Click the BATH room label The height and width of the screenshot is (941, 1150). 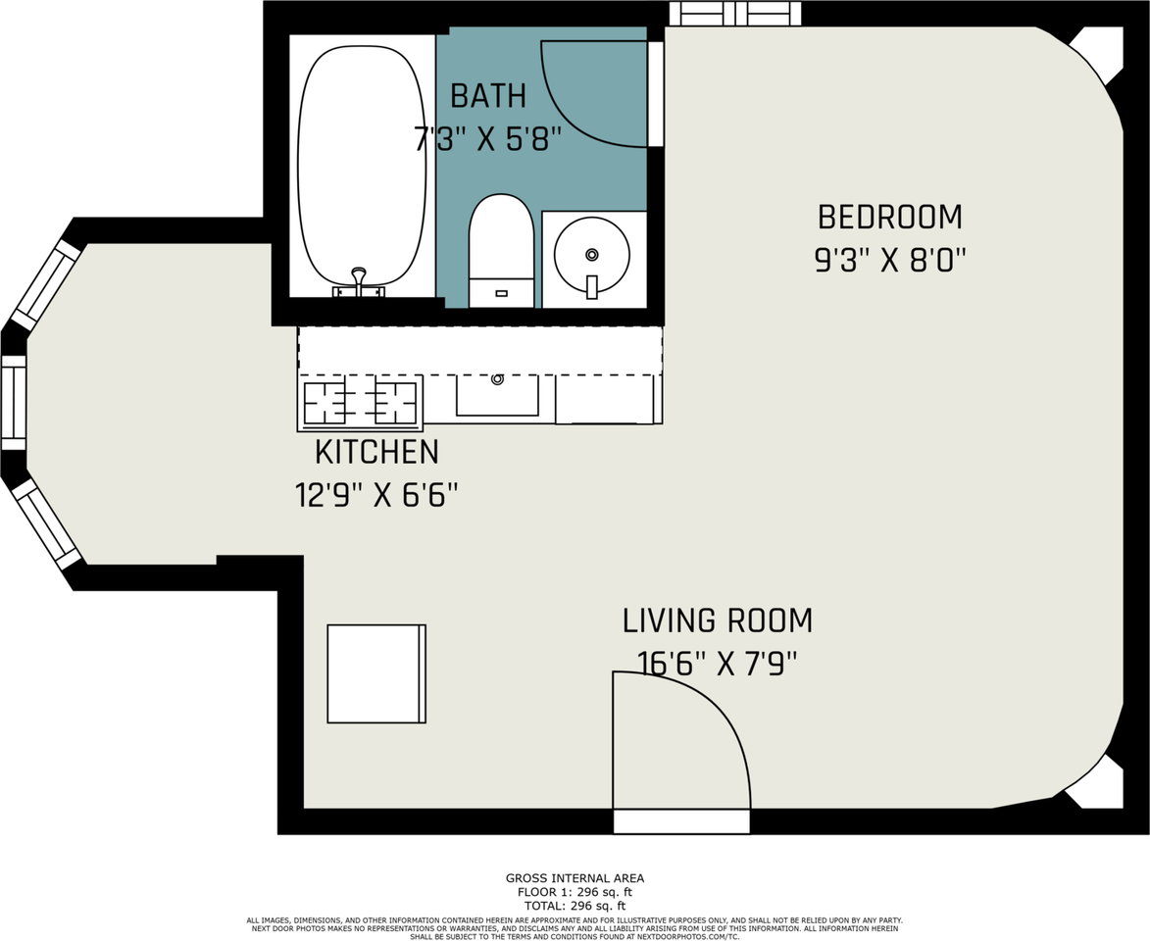point(487,96)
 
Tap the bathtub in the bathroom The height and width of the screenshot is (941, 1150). point(362,162)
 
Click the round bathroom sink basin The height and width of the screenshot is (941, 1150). point(591,255)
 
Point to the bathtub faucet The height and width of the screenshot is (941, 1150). point(359,280)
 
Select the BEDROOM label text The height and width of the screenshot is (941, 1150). point(889,216)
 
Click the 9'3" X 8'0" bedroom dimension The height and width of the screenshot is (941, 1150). point(889,261)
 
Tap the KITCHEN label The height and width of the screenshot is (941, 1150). point(376,452)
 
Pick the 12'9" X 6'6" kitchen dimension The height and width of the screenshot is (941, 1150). point(376,495)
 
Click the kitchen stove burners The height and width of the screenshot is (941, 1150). point(360,403)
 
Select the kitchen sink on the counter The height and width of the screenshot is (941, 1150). point(497,394)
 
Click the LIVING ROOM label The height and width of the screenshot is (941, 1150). point(717,620)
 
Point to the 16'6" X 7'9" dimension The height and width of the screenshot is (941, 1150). point(717,664)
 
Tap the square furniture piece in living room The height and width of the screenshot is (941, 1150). point(376,673)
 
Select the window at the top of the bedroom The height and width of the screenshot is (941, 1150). point(735,13)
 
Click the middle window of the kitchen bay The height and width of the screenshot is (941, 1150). point(14,402)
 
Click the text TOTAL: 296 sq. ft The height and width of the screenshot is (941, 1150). point(575,906)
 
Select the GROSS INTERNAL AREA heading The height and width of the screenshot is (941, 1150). point(575,878)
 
